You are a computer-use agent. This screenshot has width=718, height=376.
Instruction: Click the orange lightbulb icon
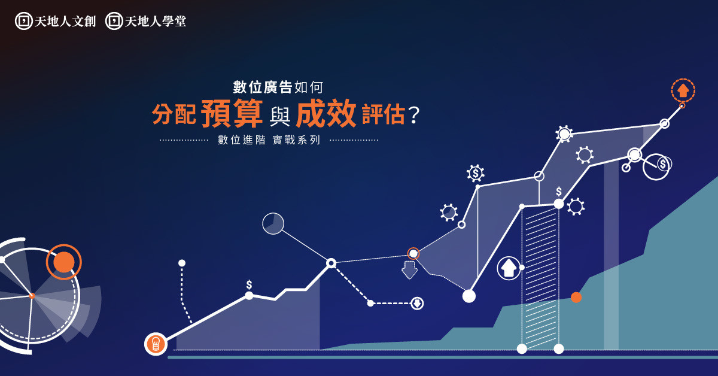[x=156, y=344]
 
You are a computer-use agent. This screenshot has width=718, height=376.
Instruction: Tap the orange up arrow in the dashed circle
[x=683, y=90]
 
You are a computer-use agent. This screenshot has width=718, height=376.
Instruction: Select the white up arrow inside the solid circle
[x=509, y=268]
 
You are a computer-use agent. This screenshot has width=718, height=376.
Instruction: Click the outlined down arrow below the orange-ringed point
[x=409, y=270]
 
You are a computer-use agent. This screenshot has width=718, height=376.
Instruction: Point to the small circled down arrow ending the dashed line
[x=417, y=303]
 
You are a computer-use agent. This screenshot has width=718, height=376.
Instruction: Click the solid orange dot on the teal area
[x=576, y=298]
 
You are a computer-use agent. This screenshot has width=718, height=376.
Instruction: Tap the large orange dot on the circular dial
[x=64, y=262]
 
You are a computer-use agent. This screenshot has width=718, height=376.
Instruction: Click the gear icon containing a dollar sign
[x=476, y=173]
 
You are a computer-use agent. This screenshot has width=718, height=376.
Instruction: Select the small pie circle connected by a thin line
[x=273, y=223]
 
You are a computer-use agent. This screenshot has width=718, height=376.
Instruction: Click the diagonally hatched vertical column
[x=540, y=277]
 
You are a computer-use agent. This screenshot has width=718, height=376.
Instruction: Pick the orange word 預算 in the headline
[x=232, y=113]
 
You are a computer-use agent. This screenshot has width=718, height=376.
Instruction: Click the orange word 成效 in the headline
[x=326, y=113]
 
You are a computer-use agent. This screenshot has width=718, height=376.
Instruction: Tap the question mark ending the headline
[x=414, y=115]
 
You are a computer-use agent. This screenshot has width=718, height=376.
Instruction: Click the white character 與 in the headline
[x=280, y=116]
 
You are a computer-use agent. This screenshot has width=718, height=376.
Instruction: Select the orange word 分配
[x=174, y=114]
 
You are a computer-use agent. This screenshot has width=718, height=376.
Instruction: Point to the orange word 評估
[x=384, y=114]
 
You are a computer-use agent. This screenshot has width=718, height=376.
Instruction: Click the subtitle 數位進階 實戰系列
[x=269, y=140]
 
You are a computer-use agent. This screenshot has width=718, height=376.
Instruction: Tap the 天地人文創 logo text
[x=65, y=22]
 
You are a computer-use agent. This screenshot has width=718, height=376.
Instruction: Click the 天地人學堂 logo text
[x=156, y=22]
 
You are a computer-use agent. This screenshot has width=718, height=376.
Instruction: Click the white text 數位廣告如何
[x=278, y=87]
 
